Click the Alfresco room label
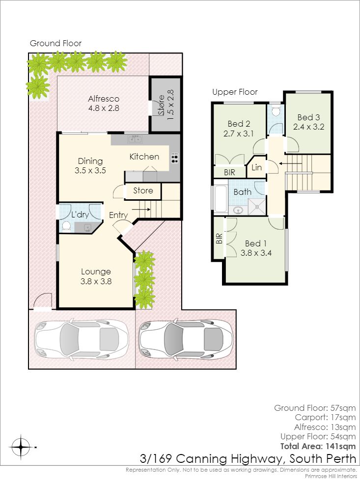[x=104, y=99]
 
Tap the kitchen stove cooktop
[x=174, y=158]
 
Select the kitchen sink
[x=135, y=139]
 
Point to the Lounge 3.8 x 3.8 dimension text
[x=96, y=281]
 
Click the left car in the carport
[x=81, y=339]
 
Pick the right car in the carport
[x=186, y=339]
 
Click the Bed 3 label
[x=308, y=117]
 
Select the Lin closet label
[x=256, y=167]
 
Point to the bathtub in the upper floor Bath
[x=221, y=198]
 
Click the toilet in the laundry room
[x=66, y=226]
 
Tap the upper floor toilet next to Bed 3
[x=276, y=111]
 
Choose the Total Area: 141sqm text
[x=318, y=446]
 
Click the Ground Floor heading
[x=55, y=43]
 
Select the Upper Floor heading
[x=235, y=92]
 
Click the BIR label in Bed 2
[x=229, y=172]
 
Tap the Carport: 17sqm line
[x=325, y=417]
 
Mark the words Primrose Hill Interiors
[x=331, y=476]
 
